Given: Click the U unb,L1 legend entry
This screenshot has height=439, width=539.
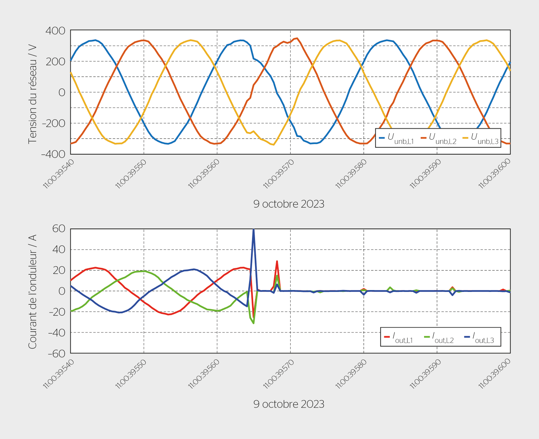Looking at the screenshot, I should click(397, 138).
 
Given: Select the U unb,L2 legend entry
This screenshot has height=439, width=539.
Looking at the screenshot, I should click(438, 138).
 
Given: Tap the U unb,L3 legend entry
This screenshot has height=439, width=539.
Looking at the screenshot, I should click(480, 138).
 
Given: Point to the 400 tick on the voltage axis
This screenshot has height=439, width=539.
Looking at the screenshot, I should click(55, 31).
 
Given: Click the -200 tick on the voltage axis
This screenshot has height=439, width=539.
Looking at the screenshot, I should click(54, 123).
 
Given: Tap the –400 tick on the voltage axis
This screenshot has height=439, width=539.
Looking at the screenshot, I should click(53, 154).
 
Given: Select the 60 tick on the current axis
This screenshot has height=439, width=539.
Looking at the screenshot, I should click(59, 229).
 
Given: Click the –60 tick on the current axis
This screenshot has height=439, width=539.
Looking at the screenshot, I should click(57, 353).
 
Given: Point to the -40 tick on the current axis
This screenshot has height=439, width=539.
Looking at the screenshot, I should click(57, 333).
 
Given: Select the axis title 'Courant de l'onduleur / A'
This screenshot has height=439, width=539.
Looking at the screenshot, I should click(33, 292).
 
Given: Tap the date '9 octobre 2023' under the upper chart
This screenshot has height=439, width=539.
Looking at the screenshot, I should click(288, 204).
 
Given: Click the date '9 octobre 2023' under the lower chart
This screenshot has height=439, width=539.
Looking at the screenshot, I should click(288, 404).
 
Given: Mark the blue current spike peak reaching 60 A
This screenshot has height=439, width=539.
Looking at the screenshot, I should click(254, 230).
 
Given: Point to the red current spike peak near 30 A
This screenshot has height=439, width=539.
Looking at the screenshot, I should click(277, 261).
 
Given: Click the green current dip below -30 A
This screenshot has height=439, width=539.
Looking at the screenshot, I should click(254, 323).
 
